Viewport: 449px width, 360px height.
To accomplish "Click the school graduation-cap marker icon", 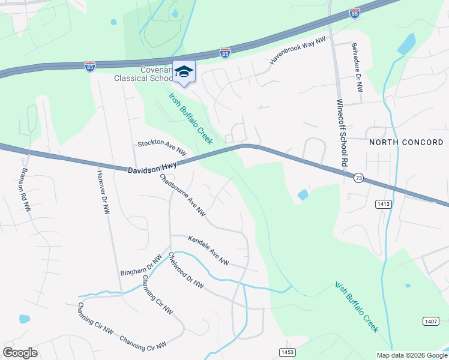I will (184, 72).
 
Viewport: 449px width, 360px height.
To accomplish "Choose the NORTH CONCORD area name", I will (406, 142).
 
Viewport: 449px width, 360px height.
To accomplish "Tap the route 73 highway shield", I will (358, 178).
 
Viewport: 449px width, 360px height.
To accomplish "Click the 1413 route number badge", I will (384, 205).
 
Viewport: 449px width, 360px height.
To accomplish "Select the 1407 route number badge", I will (430, 322).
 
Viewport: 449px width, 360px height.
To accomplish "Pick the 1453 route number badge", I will (287, 351).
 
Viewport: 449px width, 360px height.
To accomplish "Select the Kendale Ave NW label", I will (209, 250).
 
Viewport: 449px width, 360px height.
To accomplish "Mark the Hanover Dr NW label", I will (103, 192).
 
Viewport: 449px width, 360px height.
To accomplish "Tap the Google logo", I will (20, 353).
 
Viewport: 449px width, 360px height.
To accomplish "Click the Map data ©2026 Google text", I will (411, 355).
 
